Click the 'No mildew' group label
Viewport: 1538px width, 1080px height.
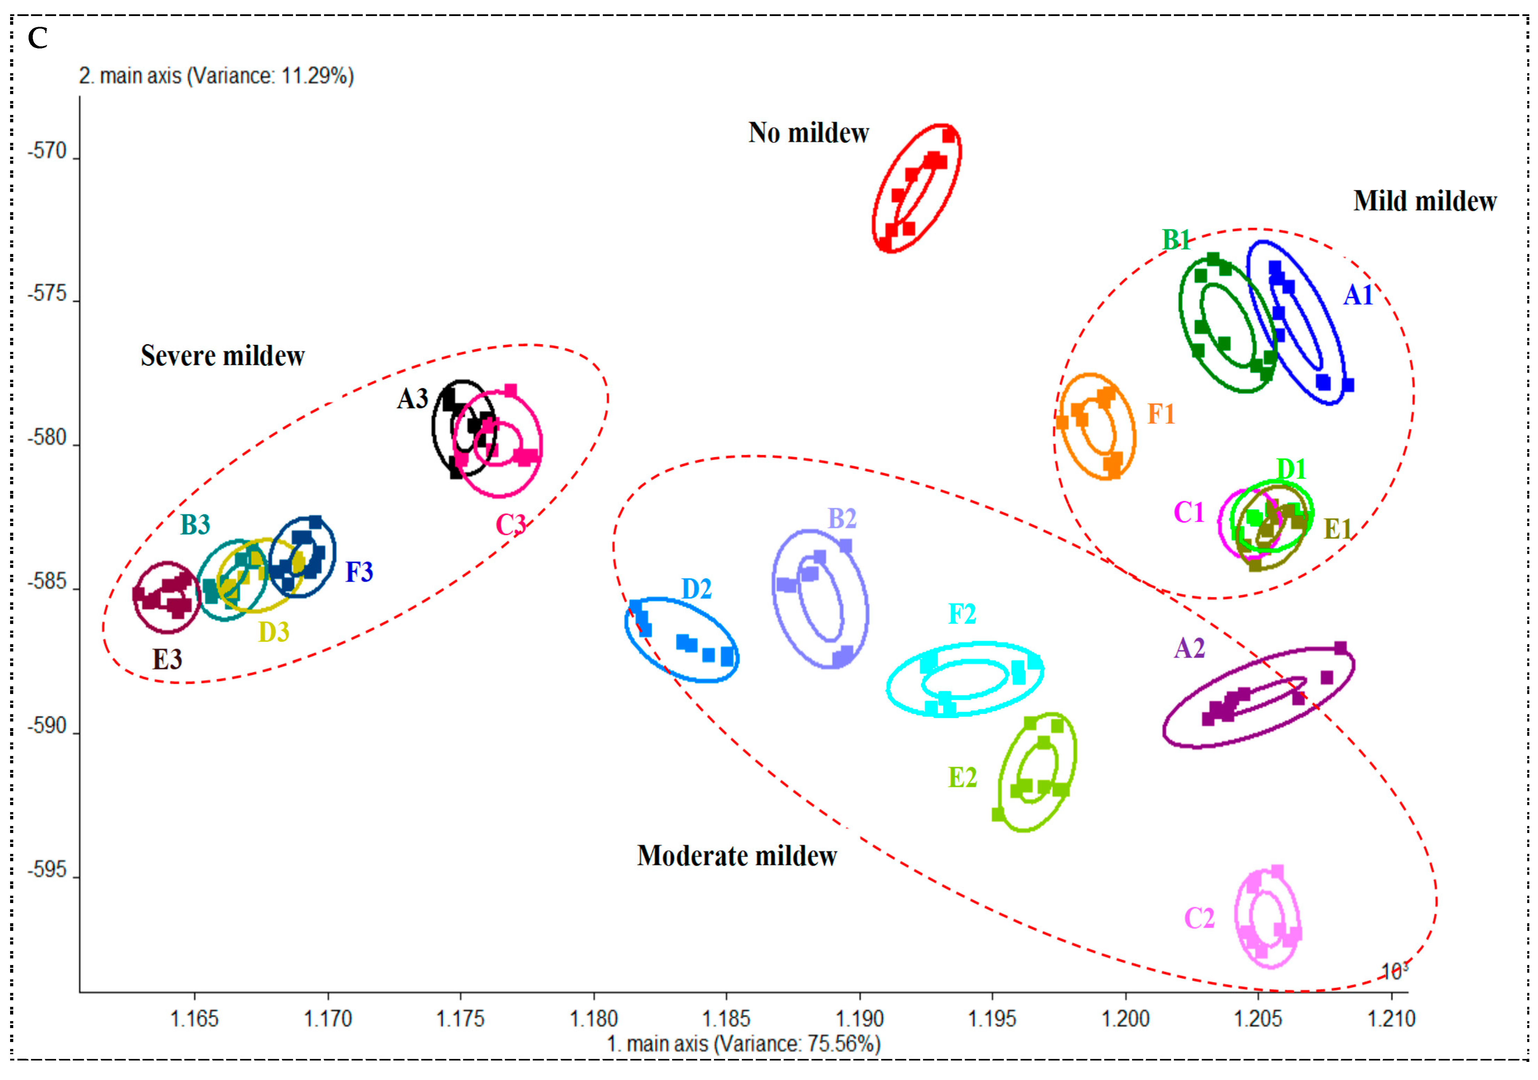coord(808,133)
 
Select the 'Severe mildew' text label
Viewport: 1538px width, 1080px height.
coord(222,356)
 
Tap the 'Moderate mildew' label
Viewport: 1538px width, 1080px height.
coord(737,856)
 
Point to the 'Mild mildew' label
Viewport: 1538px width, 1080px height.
coord(1425,201)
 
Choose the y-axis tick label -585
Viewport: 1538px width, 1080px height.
coord(47,581)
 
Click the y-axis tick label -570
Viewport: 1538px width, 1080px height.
coord(47,151)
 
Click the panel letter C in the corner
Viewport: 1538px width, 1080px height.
coord(38,38)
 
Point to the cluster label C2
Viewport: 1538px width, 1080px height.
coord(1199,918)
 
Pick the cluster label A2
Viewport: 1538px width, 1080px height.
coord(1190,648)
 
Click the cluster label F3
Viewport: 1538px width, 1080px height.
coord(359,572)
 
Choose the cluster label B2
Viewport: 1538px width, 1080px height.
coord(842,518)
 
